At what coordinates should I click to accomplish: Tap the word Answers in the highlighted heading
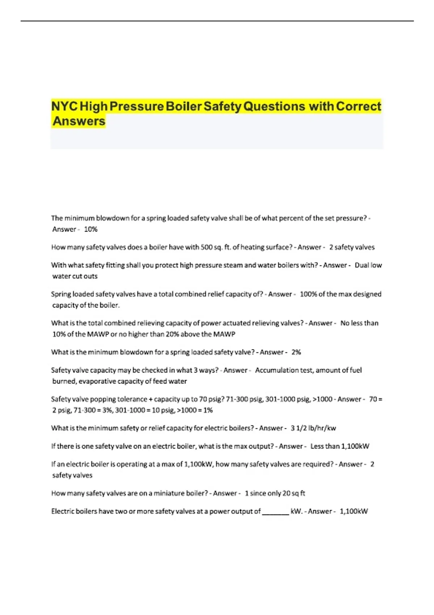(79, 121)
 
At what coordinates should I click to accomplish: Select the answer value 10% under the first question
(90, 229)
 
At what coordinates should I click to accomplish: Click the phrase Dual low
(368, 265)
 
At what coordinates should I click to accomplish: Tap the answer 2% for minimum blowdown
(296, 352)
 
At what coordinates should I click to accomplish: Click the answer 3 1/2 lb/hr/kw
(313, 428)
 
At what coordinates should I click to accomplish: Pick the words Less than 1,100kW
(340, 446)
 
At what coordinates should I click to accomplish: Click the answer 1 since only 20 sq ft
(275, 493)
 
